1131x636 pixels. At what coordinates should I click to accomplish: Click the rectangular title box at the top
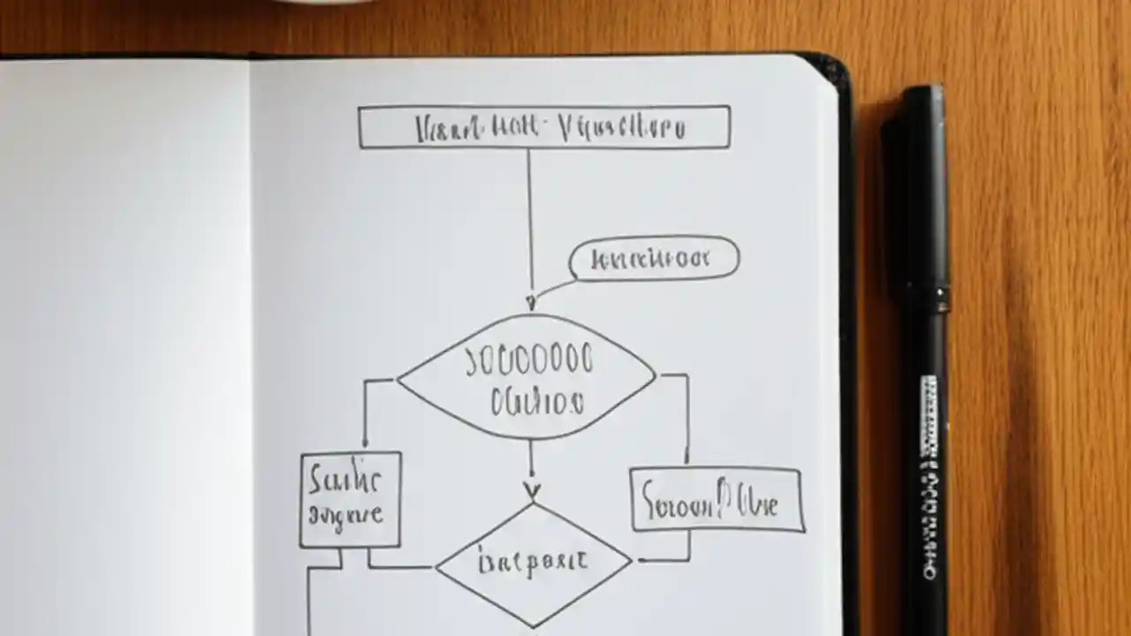click(543, 127)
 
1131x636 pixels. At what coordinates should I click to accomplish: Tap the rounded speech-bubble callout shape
click(654, 259)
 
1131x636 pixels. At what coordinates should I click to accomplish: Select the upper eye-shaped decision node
click(528, 378)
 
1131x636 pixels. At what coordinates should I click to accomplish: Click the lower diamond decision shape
click(533, 564)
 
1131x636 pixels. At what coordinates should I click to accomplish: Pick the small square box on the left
click(350, 500)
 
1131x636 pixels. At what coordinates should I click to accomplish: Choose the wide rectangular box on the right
click(717, 500)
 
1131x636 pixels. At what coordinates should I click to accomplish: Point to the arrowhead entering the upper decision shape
click(530, 303)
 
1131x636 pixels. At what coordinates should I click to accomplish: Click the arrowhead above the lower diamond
click(531, 490)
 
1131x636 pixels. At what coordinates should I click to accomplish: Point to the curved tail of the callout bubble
click(552, 289)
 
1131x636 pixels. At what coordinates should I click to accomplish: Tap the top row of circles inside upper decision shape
click(530, 360)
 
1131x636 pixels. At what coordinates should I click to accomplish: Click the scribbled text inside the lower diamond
click(533, 563)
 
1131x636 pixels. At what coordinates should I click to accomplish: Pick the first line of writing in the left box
click(345, 481)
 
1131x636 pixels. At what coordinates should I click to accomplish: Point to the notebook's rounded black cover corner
click(836, 68)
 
